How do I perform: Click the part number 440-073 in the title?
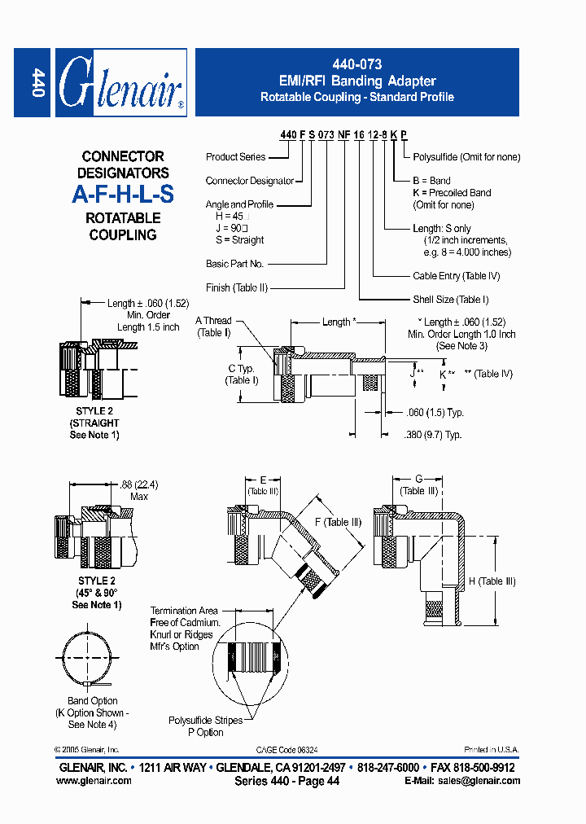pos(356,64)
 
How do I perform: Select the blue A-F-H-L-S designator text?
pos(123,195)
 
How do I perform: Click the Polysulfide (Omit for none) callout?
pos(466,157)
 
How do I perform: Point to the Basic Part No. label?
pos(234,264)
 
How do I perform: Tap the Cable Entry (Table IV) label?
pos(456,277)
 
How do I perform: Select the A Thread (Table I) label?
pos(213,327)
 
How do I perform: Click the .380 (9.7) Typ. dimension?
pos(432,435)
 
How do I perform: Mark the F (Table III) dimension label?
pos(336,523)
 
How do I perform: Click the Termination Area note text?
pos(184,628)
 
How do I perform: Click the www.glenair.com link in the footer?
pos(94,781)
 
